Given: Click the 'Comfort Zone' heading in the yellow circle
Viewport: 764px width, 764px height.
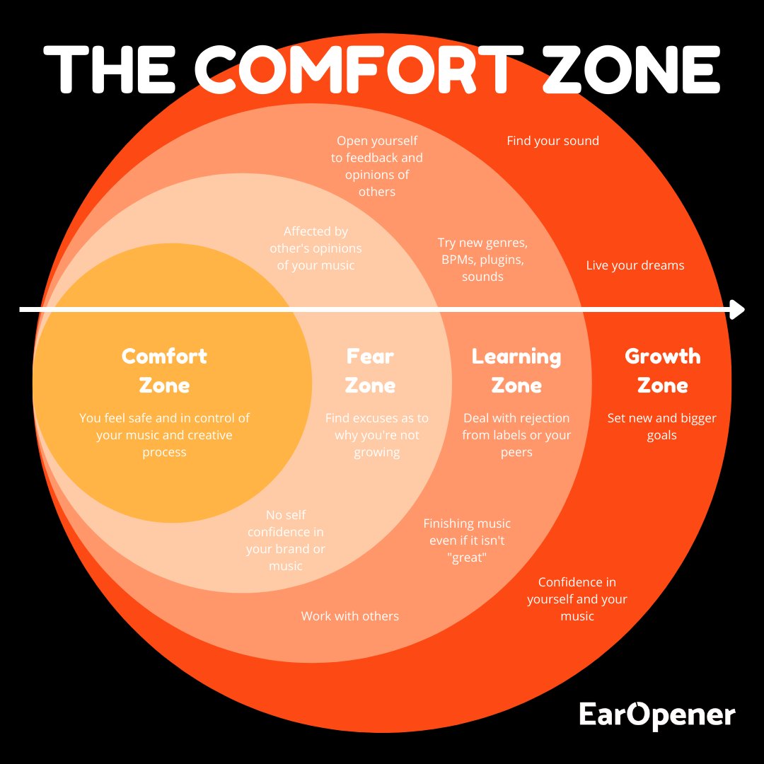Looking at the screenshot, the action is click(x=164, y=370).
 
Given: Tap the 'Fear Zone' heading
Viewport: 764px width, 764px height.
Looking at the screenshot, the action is click(x=370, y=370).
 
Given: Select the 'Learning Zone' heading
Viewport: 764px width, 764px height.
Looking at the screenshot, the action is click(x=516, y=370).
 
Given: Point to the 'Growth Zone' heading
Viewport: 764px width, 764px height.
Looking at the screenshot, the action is click(x=662, y=370).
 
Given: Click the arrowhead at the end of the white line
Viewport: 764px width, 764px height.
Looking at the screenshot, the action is click(x=737, y=310).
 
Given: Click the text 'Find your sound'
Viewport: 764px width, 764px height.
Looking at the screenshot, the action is click(x=552, y=141).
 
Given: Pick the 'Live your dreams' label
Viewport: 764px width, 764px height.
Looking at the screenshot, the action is click(x=635, y=265).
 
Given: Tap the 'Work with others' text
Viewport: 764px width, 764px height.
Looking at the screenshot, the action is click(x=349, y=616).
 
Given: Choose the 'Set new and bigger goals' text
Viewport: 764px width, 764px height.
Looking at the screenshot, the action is click(x=661, y=427).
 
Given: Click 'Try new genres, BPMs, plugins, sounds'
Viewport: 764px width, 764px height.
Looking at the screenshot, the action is click(x=482, y=260).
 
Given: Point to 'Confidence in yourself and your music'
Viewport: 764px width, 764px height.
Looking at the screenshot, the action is click(x=577, y=599).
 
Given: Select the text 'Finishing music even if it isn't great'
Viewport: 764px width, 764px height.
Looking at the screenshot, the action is click(x=467, y=540).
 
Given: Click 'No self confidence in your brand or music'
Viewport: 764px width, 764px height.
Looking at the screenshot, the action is click(x=286, y=540).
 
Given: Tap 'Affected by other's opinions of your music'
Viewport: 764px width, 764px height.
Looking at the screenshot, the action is click(x=316, y=248).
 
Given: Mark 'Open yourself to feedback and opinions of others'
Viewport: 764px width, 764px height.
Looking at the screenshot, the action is click(x=377, y=166).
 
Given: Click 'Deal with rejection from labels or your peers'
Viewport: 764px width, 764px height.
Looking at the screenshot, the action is click(x=516, y=435).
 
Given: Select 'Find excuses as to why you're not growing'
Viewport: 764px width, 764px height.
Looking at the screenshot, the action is click(x=376, y=435).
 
